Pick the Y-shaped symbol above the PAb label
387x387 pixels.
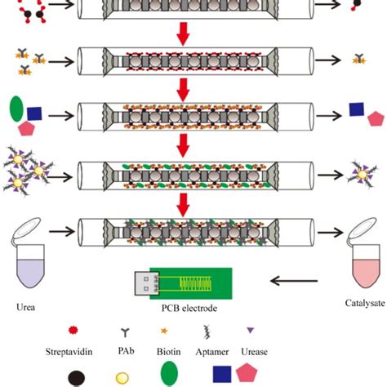pyautogui.click(x=147, y=333)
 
